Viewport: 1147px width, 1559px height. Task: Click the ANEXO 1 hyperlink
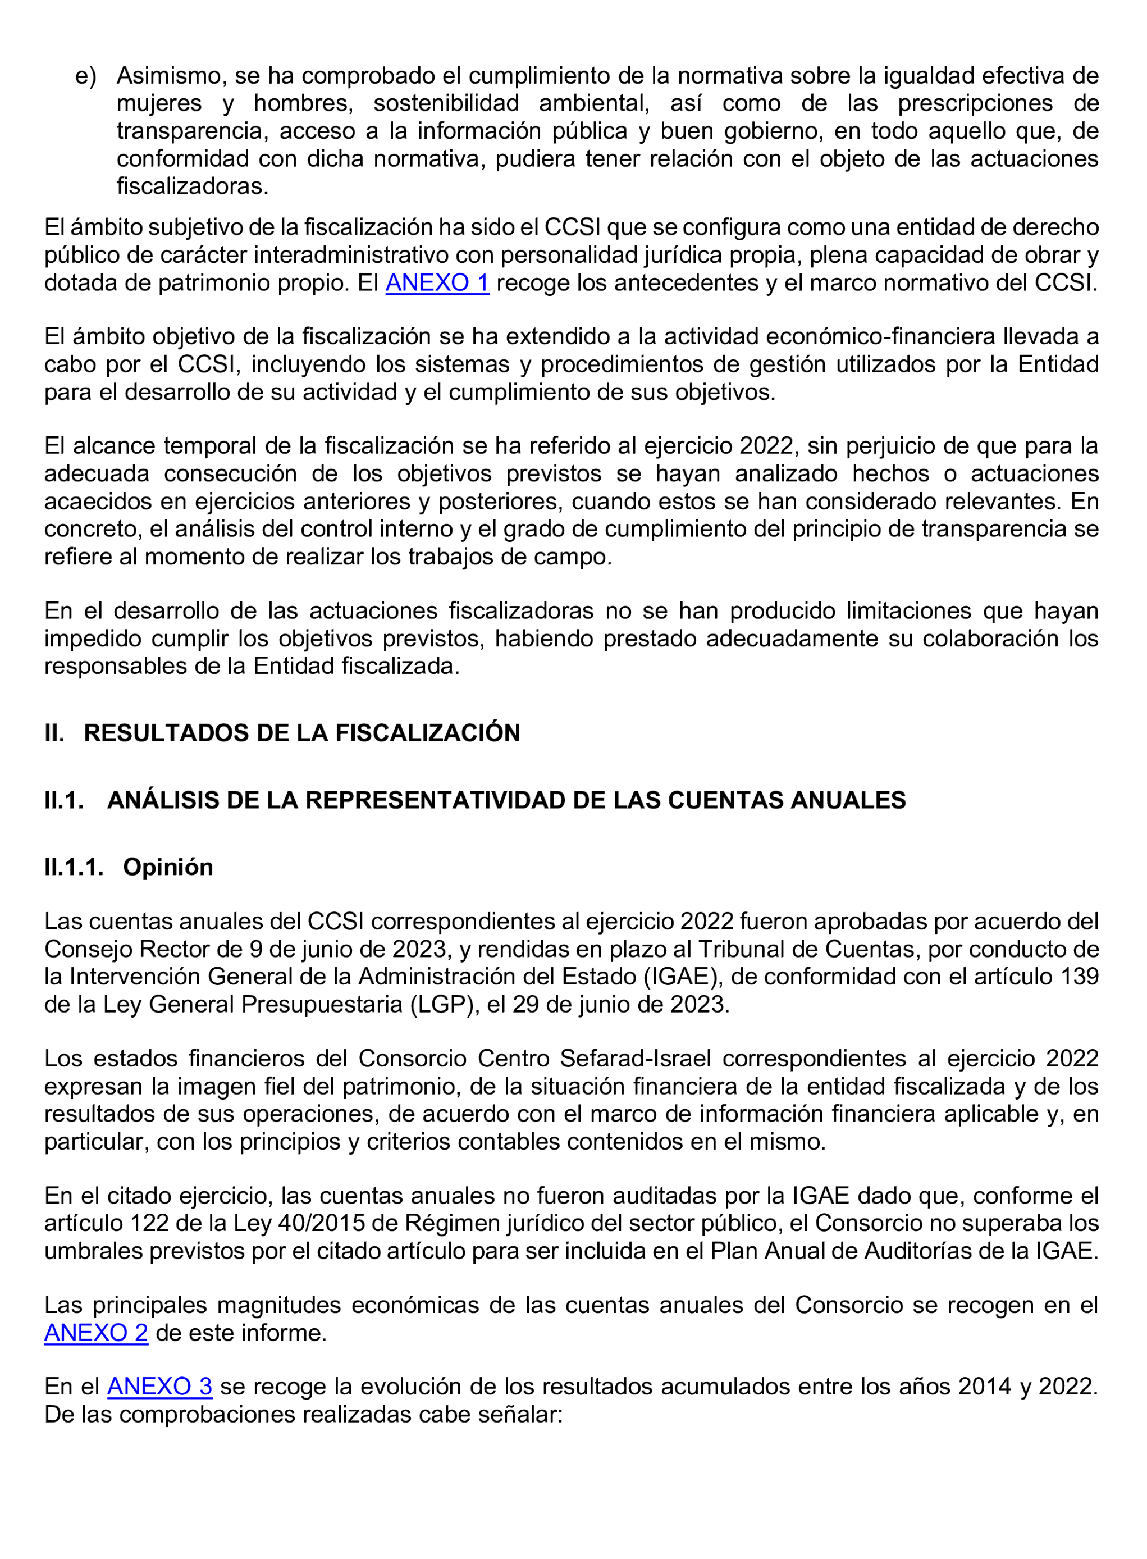tap(437, 284)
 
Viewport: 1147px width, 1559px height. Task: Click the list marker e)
tap(86, 76)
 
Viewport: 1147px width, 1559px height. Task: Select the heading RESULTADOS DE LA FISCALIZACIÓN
tap(301, 733)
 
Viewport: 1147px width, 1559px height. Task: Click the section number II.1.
tap(64, 801)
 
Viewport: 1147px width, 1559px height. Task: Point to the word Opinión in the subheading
tap(168, 867)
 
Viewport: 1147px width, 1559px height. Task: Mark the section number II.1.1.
tap(74, 867)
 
